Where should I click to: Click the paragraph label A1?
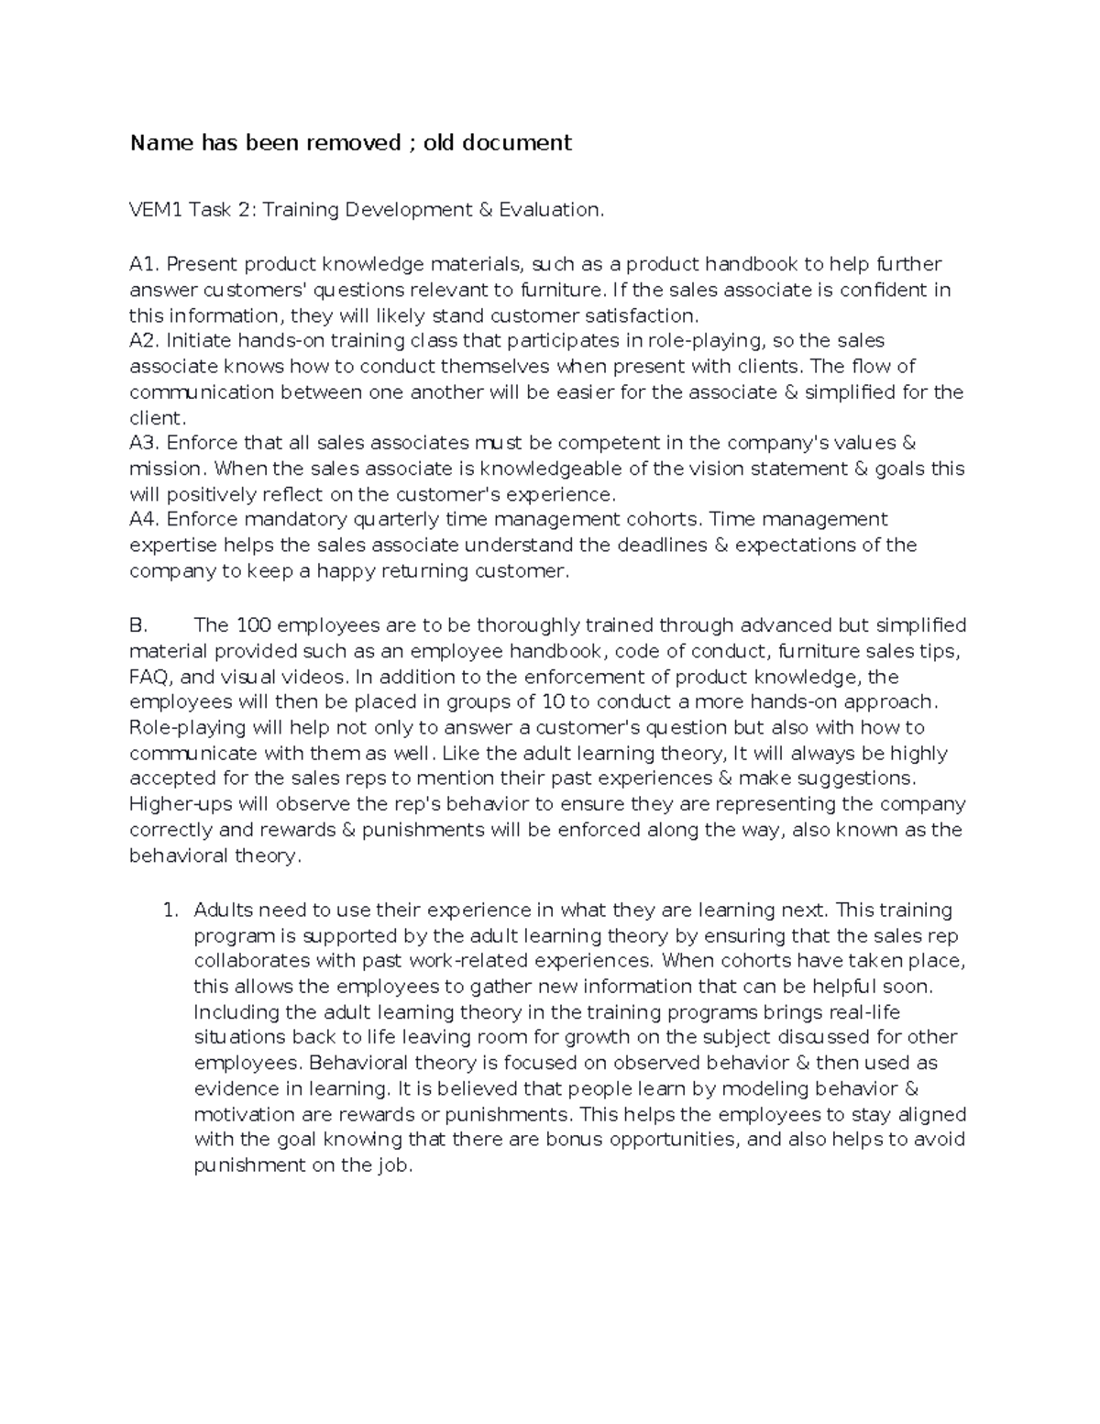144,264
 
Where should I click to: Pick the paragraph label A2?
145,341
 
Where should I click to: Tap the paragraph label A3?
145,443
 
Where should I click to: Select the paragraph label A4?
145,520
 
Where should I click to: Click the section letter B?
138,625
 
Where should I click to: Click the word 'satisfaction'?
639,316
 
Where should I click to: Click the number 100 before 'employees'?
253,625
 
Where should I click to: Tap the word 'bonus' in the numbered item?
575,1140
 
